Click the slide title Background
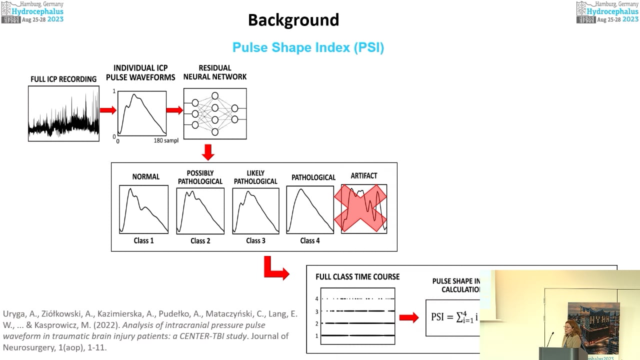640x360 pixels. click(293, 20)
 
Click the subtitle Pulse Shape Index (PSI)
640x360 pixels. click(308, 47)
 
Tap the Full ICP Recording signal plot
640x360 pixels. click(64, 113)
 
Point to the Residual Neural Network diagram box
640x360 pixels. click(215, 113)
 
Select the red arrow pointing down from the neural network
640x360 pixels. click(208, 152)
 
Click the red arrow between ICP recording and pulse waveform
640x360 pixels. click(107, 110)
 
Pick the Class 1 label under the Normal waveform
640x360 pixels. click(143, 240)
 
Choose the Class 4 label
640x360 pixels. click(310, 240)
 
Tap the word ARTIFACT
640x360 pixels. click(364, 176)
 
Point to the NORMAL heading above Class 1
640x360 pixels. click(145, 176)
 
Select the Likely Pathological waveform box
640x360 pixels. click(256, 210)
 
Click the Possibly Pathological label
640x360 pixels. click(200, 177)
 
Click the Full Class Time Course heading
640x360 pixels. click(357, 276)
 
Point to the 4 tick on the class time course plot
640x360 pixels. click(316, 298)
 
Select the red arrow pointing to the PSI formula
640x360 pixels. click(409, 317)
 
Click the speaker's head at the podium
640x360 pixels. click(570, 328)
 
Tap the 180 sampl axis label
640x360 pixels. click(166, 141)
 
